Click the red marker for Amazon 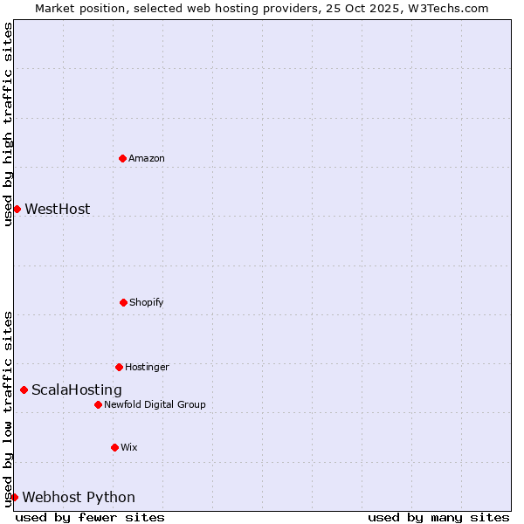[122, 158]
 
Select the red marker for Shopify [123, 302]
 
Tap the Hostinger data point [119, 367]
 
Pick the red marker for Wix [114, 447]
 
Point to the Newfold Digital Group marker [98, 404]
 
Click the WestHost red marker [17, 209]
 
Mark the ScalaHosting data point [24, 390]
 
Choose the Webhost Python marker [14, 497]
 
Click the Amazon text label [147, 159]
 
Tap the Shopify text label [147, 303]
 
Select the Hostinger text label [147, 368]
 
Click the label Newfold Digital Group [155, 405]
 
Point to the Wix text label [129, 448]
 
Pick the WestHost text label [58, 210]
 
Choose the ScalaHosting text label [77, 390]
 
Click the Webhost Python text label [79, 498]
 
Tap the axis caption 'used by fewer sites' [90, 517]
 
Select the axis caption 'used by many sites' [438, 517]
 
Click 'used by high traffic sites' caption [8, 124]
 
